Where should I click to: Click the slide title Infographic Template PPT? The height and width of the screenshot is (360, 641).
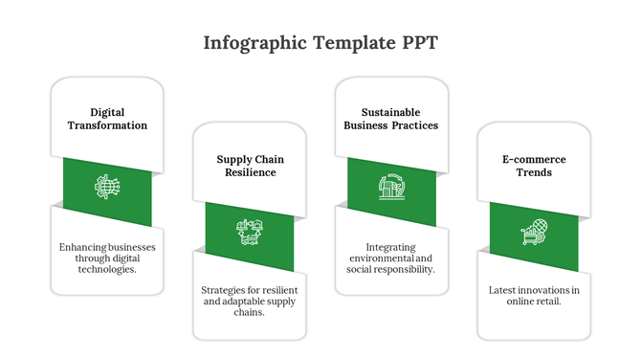click(320, 43)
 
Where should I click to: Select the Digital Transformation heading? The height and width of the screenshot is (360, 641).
click(107, 119)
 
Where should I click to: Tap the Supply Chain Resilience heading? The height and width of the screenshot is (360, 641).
click(250, 166)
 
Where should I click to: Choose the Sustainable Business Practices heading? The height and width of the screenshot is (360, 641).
click(390, 119)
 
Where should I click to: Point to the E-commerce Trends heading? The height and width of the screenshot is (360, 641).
click(534, 166)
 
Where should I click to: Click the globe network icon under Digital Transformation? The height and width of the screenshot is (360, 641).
click(106, 186)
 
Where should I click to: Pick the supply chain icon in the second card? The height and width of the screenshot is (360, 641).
click(250, 231)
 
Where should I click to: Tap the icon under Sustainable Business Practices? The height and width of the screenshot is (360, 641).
click(390, 186)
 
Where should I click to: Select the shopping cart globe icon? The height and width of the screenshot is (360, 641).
click(534, 231)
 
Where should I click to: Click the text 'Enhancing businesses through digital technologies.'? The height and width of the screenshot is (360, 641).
click(107, 258)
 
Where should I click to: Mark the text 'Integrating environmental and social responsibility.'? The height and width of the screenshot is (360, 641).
click(390, 258)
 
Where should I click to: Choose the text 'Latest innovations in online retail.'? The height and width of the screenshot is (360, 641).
click(534, 295)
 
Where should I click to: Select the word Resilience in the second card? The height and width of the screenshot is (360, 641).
click(250, 173)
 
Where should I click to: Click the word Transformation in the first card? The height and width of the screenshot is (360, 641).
click(107, 125)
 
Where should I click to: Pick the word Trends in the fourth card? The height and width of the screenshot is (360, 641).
click(534, 173)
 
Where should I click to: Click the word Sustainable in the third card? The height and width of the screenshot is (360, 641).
click(390, 112)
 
